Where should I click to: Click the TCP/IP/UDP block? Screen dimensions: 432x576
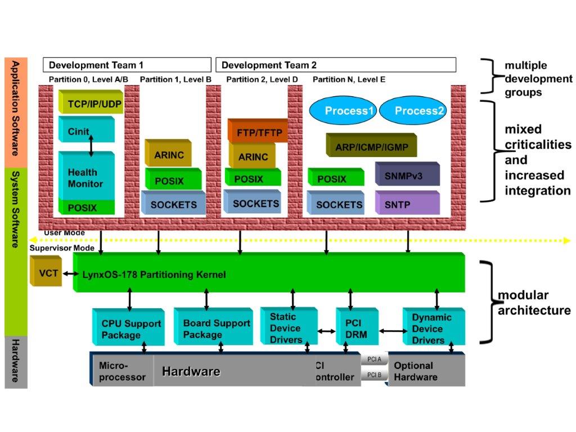point(91,103)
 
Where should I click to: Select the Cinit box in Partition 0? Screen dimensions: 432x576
point(85,130)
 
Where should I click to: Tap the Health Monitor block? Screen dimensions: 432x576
point(85,177)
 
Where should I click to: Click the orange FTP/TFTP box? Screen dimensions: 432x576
point(258,132)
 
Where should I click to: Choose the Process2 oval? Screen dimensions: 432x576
point(413,111)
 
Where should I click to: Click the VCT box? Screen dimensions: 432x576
point(45,273)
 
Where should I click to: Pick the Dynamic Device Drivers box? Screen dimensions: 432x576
point(433,328)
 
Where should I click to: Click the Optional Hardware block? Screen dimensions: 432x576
point(426,371)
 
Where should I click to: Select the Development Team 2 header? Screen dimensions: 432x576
point(335,65)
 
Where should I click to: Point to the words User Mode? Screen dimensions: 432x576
point(64,233)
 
